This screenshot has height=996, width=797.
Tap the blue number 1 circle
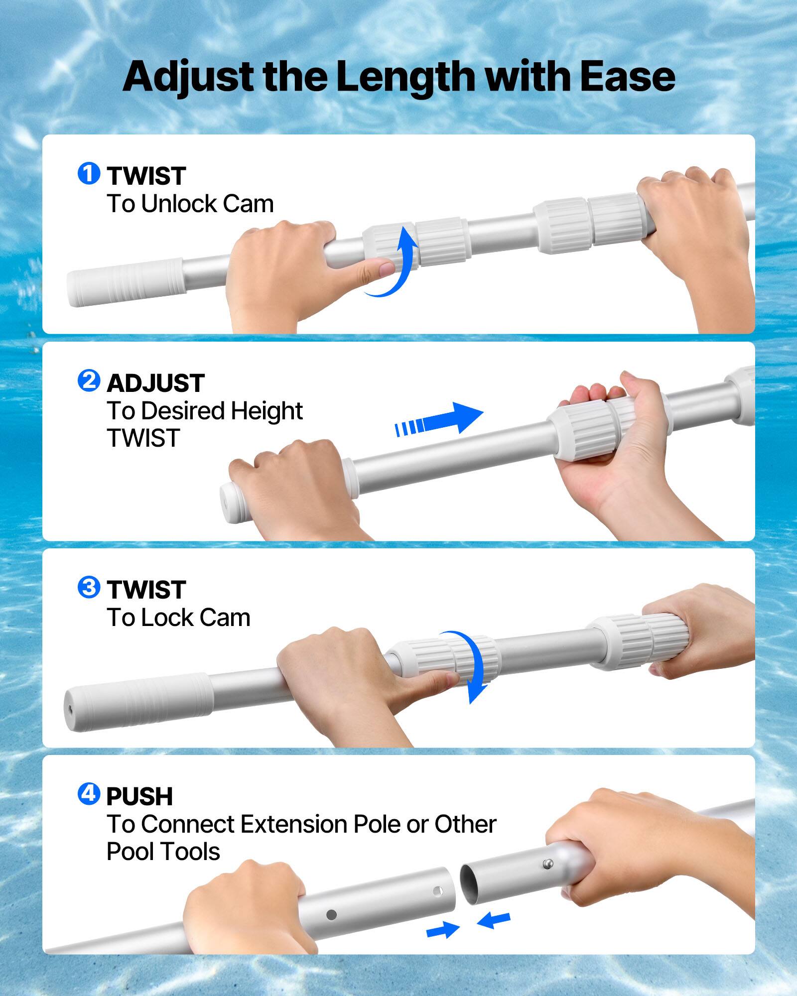pos(89,174)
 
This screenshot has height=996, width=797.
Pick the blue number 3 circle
pos(89,588)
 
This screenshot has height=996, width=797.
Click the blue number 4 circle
pos(89,794)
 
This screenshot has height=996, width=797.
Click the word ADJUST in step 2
pos(155,383)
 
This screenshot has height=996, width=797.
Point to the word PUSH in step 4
pos(139,796)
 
